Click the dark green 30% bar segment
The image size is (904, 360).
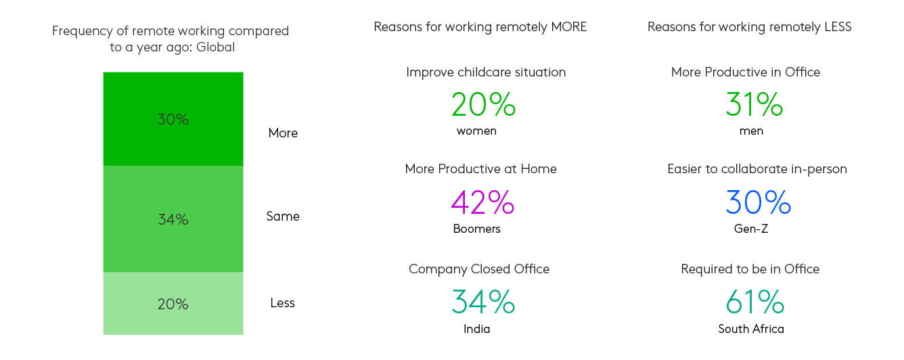point(173,119)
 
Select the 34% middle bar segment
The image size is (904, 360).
point(173,219)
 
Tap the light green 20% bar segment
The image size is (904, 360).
point(173,304)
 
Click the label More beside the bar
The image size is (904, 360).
point(283,133)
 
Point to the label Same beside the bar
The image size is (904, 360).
point(283,217)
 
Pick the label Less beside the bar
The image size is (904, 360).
point(283,303)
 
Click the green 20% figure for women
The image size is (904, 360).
point(483,104)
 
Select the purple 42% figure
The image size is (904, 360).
point(482,202)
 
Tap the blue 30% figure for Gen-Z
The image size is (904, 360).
point(758,202)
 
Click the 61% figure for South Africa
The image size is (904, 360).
point(754,302)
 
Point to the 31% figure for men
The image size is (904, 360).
point(754,104)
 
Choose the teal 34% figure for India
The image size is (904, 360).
point(483,302)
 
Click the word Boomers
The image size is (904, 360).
point(476,229)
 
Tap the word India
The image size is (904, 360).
point(476,329)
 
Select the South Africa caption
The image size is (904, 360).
point(751,329)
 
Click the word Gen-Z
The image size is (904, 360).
point(751,229)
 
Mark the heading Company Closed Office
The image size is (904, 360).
point(479,269)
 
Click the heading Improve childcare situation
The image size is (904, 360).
point(486,72)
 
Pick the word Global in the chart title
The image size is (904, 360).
point(215,47)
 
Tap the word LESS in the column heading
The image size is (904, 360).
point(838,27)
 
